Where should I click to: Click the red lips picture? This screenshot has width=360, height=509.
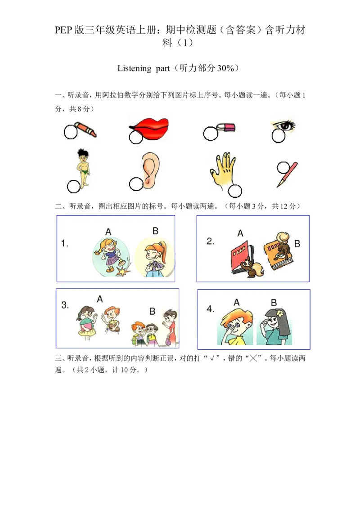pos(149,128)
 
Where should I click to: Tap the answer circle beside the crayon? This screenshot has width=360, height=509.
pos(71,132)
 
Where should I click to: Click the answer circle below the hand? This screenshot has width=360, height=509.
pos(235,191)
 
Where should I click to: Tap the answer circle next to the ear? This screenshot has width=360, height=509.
pos(136,184)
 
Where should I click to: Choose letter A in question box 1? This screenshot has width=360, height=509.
pos(108,232)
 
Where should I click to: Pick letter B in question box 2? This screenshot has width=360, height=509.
pos(297,244)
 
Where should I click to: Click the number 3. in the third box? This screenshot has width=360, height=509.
pos(65,305)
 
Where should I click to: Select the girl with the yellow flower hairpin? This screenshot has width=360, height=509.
pos(274,326)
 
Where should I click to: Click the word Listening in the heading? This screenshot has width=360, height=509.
pos(134,68)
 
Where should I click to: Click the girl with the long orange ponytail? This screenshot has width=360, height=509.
pos(155,258)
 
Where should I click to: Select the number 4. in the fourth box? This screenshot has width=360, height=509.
pos(211,309)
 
